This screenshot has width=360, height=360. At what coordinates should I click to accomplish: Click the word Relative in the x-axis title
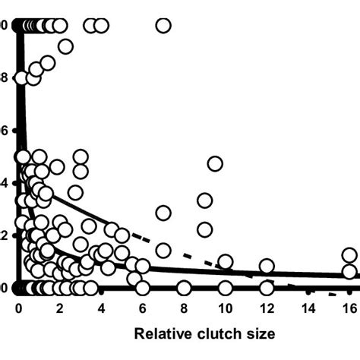pos(162,333)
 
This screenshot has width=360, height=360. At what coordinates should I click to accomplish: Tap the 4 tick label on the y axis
pos(4,183)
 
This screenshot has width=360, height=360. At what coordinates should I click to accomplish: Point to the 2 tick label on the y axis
pos(4,235)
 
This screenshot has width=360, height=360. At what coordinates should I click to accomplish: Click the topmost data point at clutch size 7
pos(163,26)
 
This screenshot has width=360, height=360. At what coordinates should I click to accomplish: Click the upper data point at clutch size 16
pos(349,255)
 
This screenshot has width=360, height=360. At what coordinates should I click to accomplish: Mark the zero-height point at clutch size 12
pos(267,288)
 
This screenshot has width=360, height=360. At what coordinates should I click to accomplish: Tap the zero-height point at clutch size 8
pos(184,288)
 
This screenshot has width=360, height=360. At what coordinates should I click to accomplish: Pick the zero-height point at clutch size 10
pos(225,288)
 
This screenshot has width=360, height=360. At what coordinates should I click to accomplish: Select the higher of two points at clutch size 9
pos(204,201)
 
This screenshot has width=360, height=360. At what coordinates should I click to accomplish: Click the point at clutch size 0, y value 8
pos(22,78)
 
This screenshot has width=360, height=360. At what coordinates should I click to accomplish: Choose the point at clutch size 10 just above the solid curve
pos(225,262)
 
